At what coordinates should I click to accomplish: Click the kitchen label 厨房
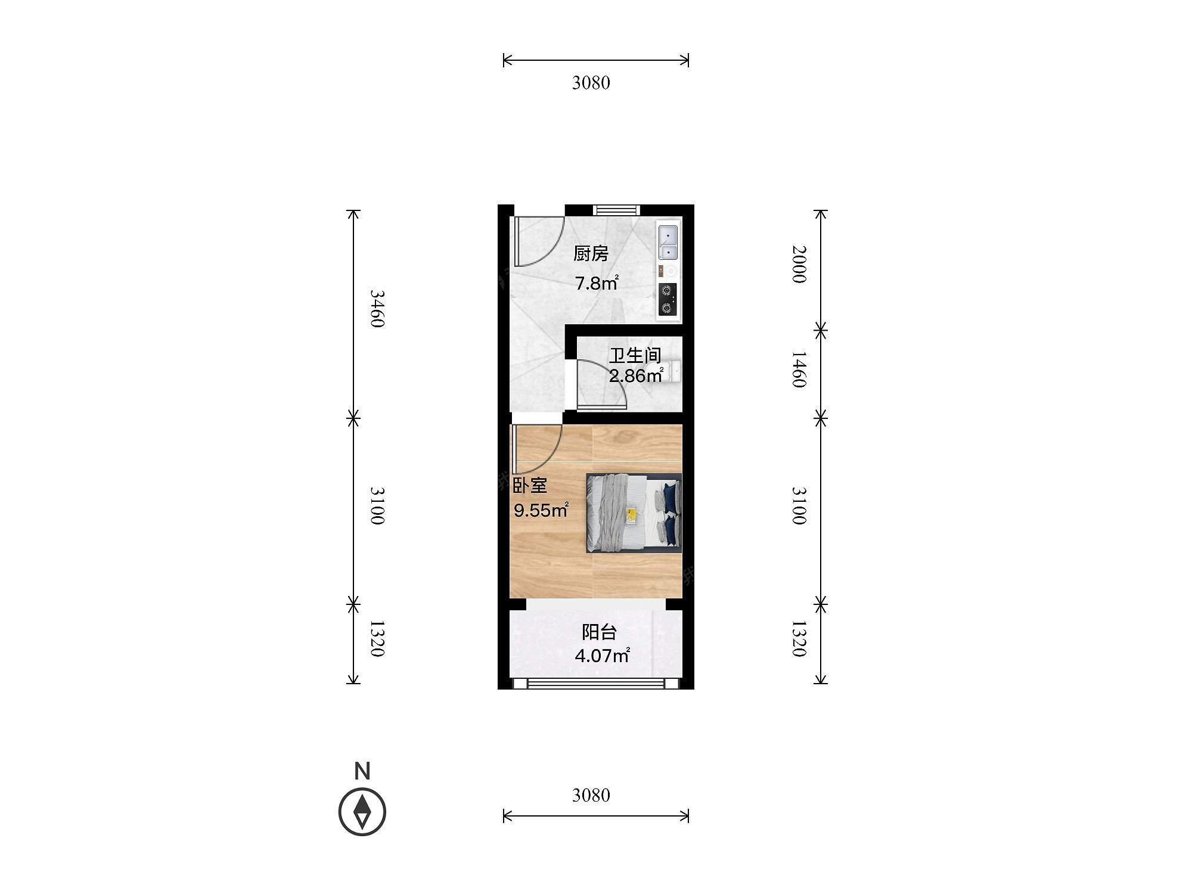(x=591, y=254)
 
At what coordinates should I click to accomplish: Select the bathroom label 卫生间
(x=635, y=356)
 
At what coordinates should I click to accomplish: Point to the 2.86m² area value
(x=636, y=375)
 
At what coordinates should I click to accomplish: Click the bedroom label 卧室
(x=530, y=486)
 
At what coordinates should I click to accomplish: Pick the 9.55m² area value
(x=541, y=510)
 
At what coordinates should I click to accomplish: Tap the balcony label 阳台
(x=599, y=632)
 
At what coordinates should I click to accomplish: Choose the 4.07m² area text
(x=603, y=656)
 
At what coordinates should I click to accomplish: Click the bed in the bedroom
(x=634, y=513)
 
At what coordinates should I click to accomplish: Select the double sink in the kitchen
(x=669, y=241)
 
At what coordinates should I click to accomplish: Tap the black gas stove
(x=669, y=300)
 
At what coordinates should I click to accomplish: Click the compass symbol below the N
(x=362, y=812)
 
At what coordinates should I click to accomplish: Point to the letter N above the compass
(x=362, y=771)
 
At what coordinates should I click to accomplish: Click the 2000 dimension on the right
(x=800, y=264)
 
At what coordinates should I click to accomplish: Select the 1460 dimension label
(x=800, y=370)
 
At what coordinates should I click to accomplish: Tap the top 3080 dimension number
(x=591, y=83)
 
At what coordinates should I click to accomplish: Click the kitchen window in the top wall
(x=616, y=210)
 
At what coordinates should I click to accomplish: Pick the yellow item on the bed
(x=632, y=515)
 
